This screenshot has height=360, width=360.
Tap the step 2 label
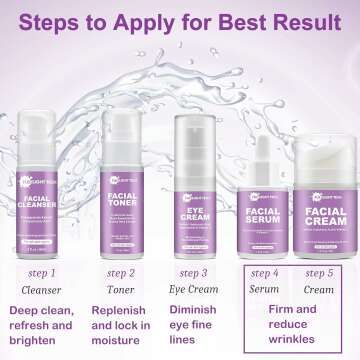[114, 272]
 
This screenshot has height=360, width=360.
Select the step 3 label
[187, 272]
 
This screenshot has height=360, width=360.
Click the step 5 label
[321, 272]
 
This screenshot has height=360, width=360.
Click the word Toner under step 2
[114, 290]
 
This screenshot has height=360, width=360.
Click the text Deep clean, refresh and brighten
[45, 326]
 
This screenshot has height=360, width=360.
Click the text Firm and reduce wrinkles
[293, 318]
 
